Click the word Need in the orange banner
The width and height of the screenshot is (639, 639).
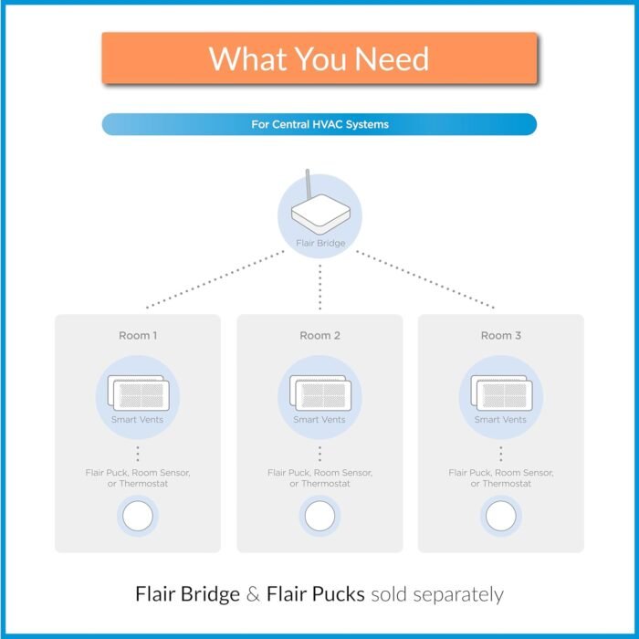click(x=392, y=58)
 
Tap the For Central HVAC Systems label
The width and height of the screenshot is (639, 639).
click(x=319, y=124)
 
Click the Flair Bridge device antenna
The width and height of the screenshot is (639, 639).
click(x=309, y=184)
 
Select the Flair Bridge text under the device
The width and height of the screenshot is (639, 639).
click(x=320, y=244)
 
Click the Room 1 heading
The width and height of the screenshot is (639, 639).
click(x=138, y=335)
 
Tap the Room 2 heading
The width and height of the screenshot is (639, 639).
click(x=319, y=335)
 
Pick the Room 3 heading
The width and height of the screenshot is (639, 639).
click(x=501, y=335)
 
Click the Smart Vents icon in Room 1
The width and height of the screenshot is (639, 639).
click(x=138, y=393)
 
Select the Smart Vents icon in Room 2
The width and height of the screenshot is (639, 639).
click(x=320, y=393)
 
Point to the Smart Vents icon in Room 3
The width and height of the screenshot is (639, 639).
click(x=501, y=393)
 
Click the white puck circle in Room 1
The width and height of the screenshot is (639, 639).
click(x=138, y=516)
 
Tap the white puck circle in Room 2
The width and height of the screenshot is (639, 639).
click(x=319, y=516)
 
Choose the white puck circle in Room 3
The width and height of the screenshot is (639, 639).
click(x=501, y=516)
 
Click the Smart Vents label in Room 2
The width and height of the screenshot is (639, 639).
click(x=319, y=419)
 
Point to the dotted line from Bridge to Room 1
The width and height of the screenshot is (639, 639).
click(x=215, y=279)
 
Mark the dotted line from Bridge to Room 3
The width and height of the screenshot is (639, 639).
click(x=425, y=279)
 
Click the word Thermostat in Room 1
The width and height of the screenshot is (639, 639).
click(x=143, y=484)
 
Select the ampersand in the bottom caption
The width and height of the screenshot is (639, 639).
click(x=253, y=594)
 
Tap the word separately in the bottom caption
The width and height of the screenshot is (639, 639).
click(x=458, y=595)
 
